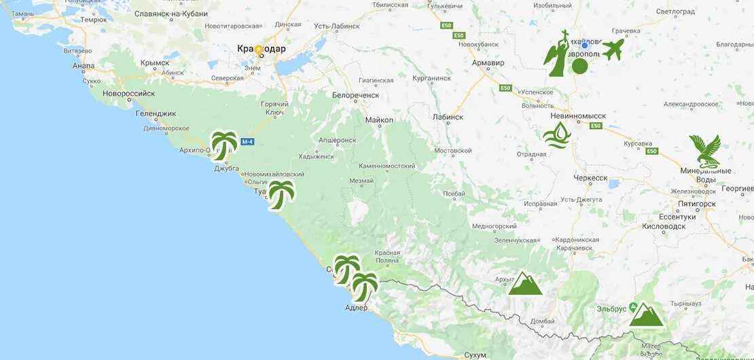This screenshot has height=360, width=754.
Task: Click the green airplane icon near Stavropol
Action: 613,49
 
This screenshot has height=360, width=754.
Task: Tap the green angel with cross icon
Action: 557,54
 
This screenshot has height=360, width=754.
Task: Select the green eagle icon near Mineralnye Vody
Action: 704,151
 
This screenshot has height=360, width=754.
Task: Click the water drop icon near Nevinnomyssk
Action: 557,134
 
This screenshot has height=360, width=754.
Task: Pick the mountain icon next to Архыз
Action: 525,283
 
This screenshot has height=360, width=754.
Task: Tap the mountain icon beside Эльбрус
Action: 646,314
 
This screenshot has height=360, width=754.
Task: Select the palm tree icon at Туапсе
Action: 281,195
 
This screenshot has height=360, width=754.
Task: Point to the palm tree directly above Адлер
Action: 364,287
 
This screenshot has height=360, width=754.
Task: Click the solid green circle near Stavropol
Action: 579,66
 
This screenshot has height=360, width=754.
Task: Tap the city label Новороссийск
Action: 129,93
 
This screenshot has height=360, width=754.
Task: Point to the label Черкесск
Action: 589,178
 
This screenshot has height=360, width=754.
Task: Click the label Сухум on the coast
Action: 475,355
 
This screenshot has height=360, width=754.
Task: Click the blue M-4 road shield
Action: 248,141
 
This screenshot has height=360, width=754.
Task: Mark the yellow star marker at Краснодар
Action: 258,50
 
